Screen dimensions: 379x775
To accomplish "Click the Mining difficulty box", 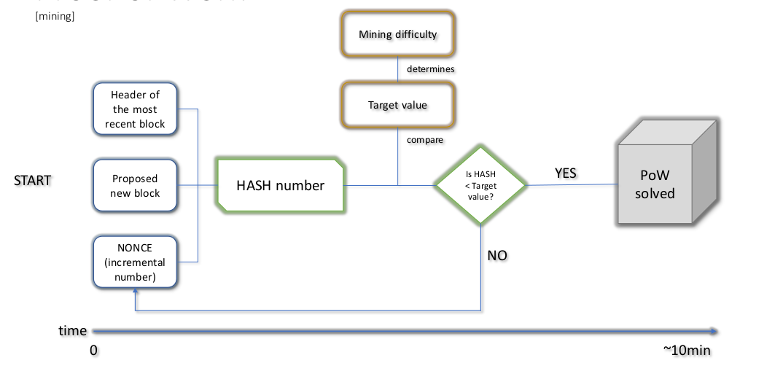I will click(x=397, y=34).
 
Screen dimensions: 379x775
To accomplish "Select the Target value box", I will click(x=397, y=105).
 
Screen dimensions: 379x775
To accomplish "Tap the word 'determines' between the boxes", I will click(x=430, y=69).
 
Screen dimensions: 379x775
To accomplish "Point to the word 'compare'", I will click(x=425, y=139).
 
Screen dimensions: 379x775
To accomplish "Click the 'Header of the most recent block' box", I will click(x=135, y=109).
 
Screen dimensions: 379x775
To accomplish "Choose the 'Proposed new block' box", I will click(x=135, y=186).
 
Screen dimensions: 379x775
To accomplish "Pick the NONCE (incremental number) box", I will click(x=135, y=262).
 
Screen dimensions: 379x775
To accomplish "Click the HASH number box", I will click(x=280, y=186).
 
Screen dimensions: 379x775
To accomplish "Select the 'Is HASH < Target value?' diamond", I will click(x=480, y=186).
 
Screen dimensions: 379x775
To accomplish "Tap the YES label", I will click(x=565, y=173).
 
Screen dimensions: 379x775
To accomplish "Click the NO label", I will click(x=497, y=256).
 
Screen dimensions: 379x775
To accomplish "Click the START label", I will click(x=33, y=181).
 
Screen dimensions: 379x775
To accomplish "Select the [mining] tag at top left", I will click(x=55, y=15).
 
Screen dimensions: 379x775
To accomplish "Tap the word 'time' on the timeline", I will click(x=72, y=331).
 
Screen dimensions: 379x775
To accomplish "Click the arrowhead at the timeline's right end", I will click(x=714, y=332).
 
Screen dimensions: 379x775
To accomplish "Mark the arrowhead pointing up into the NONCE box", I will click(x=136, y=292).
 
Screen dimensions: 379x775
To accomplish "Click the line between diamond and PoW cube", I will click(x=569, y=185).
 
